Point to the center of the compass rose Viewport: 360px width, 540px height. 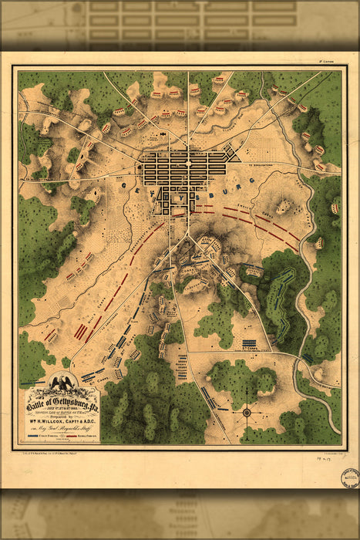(x=247, y=412)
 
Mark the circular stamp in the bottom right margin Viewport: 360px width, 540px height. (x=351, y=475)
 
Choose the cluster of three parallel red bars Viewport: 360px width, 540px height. (x=80, y=331)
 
